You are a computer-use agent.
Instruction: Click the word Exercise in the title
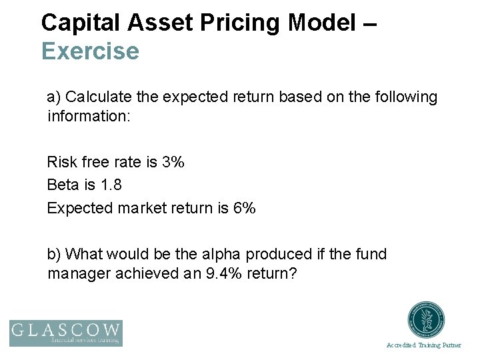[90, 51]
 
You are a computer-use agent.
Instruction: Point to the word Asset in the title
[157, 23]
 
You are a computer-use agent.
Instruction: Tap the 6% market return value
[244, 208]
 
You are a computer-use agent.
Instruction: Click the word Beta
[63, 185]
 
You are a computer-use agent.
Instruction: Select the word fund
[372, 254]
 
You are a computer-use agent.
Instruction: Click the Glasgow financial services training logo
[65, 333]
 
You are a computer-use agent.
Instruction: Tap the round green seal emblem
[426, 321]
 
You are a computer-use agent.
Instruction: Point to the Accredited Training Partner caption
[424, 345]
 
